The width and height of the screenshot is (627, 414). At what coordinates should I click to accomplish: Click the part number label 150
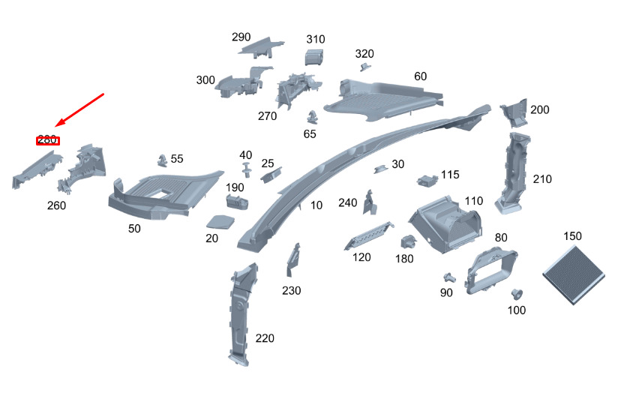click(x=572, y=236)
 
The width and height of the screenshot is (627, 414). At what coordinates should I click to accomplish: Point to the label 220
click(x=265, y=338)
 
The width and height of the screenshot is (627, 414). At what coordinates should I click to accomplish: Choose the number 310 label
click(x=316, y=39)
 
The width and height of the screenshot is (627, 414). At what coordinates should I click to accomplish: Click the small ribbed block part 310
click(x=314, y=57)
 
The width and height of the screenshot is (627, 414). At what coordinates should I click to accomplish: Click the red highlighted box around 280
click(x=48, y=140)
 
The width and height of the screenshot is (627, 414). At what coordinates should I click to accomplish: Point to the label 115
click(x=450, y=174)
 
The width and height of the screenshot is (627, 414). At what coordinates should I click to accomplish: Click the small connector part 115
click(x=426, y=180)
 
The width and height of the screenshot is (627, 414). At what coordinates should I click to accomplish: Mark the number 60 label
click(x=420, y=76)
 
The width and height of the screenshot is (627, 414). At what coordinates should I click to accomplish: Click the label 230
click(x=292, y=290)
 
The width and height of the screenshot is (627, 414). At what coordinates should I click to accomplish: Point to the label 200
click(x=539, y=109)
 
